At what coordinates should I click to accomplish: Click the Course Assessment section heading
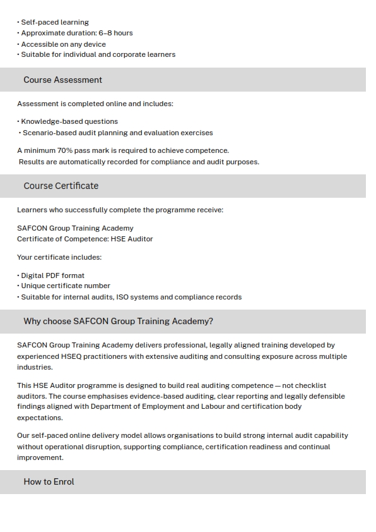[62, 80]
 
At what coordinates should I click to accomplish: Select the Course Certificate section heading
[61, 186]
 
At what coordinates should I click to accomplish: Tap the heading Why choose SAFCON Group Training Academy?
[118, 321]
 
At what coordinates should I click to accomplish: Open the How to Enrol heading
[49, 481]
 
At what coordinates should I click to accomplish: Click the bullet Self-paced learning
[54, 22]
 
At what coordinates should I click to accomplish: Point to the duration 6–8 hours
[115, 33]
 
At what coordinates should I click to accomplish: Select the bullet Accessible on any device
[63, 44]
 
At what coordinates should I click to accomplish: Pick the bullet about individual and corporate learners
[98, 54]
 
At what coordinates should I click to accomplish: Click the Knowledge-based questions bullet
[69, 121]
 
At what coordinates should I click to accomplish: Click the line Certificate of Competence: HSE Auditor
[85, 239]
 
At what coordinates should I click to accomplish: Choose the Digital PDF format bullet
[52, 275]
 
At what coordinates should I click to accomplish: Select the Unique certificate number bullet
[65, 286]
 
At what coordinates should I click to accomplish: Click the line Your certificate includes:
[59, 257]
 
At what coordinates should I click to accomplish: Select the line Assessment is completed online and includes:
[95, 104]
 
